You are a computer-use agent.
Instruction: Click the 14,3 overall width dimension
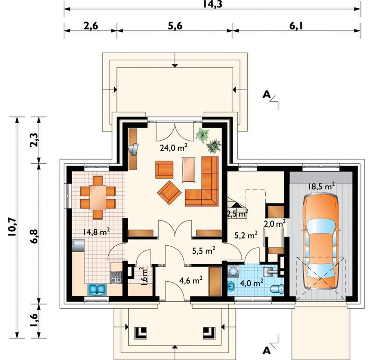click(x=213, y=4)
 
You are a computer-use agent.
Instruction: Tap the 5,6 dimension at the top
click(x=175, y=26)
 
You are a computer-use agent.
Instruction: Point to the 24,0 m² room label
click(x=173, y=147)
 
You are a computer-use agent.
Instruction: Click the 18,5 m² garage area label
click(x=321, y=186)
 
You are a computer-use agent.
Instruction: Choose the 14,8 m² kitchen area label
click(x=97, y=231)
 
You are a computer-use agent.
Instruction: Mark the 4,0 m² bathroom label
click(x=252, y=283)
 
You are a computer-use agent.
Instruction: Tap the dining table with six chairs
click(x=98, y=197)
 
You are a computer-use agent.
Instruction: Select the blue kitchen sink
click(x=97, y=289)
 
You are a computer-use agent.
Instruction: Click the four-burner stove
click(x=116, y=277)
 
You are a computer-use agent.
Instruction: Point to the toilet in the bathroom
click(x=277, y=289)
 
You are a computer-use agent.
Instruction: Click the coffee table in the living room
click(x=189, y=169)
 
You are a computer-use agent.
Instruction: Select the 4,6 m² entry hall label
click(x=191, y=280)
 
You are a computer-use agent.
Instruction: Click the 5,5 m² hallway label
click(x=204, y=250)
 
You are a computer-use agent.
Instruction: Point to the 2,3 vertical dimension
click(x=34, y=140)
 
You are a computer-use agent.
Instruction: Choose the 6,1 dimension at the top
click(x=296, y=26)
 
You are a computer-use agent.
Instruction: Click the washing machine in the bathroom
click(x=234, y=271)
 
